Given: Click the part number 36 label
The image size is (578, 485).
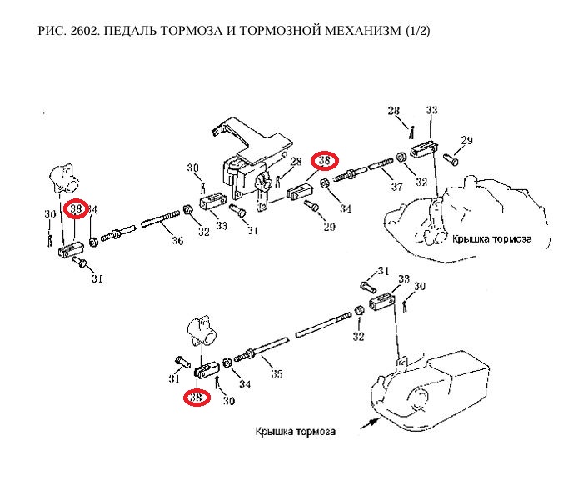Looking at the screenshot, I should pos(176,242).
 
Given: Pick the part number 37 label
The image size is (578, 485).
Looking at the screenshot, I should pos(396,187).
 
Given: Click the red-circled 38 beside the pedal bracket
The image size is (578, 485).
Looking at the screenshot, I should pos(323,160).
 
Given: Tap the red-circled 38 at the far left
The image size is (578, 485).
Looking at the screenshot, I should pos(77,208).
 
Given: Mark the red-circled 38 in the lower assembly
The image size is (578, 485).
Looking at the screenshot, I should pos(197,397).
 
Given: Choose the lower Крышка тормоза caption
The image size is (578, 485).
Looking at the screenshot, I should pos(296,432).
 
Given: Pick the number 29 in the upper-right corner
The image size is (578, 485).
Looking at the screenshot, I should pos(466,140).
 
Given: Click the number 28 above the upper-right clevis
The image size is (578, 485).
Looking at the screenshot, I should pos(393,111).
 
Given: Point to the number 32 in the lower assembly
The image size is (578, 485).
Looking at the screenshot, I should pos(359,337).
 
